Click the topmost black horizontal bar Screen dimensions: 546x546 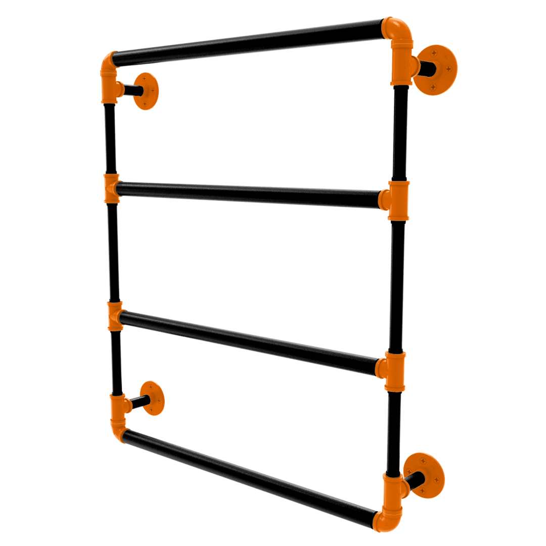pos(248,42)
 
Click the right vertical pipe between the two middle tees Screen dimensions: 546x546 pos(397,286)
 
